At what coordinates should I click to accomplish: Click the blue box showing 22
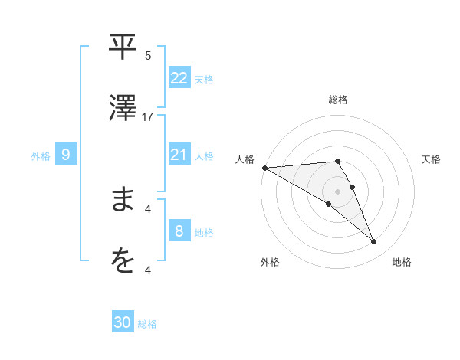pyautogui.click(x=179, y=77)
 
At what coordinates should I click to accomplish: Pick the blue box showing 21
pyautogui.click(x=179, y=155)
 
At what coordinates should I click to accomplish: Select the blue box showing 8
pyautogui.click(x=179, y=231)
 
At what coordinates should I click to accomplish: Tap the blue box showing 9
pyautogui.click(x=66, y=155)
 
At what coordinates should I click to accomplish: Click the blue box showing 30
pyautogui.click(x=123, y=322)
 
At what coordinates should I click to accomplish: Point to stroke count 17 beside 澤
pyautogui.click(x=148, y=117)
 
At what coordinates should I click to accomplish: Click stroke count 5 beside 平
pyautogui.click(x=148, y=56)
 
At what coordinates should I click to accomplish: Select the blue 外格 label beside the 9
pyautogui.click(x=41, y=155)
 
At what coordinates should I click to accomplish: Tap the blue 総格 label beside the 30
pyautogui.click(x=147, y=324)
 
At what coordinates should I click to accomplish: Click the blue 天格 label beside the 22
pyautogui.click(x=203, y=79)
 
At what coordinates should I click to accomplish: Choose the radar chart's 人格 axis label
pyautogui.click(x=245, y=159)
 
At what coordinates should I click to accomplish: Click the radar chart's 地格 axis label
pyautogui.click(x=402, y=262)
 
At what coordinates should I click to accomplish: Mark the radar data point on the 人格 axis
pyautogui.click(x=264, y=167)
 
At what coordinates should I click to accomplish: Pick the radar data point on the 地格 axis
pyautogui.click(x=374, y=242)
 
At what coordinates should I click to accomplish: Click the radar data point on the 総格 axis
pyautogui.click(x=337, y=161)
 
